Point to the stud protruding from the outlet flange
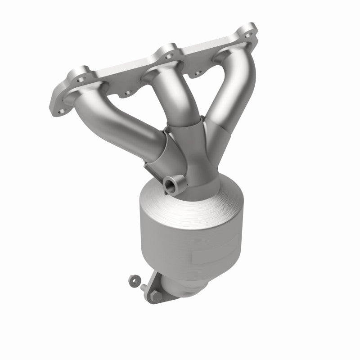(143, 286)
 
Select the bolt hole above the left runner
(81, 80)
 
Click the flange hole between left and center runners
(127, 93)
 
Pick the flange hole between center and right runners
(198, 72)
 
